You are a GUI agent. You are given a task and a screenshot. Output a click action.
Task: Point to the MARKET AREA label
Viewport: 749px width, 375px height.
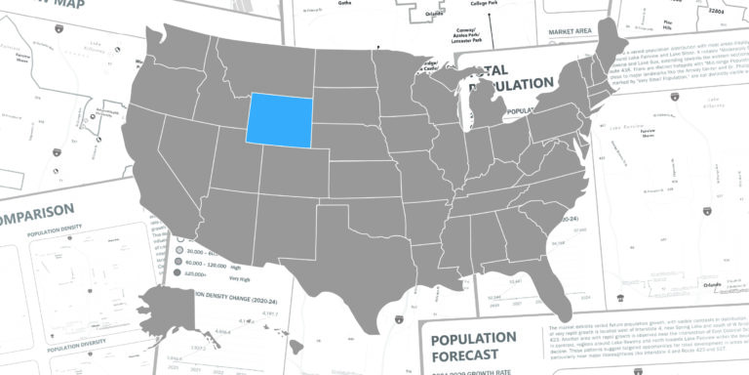click(x=572, y=32)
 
